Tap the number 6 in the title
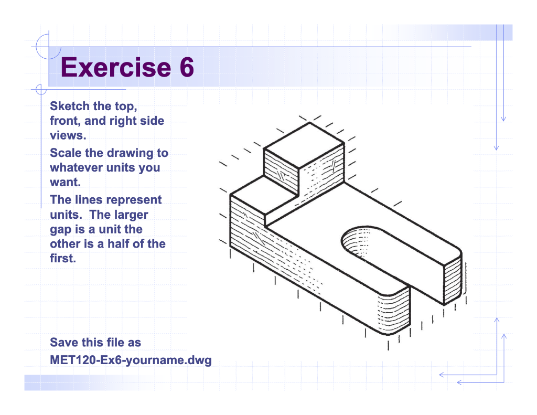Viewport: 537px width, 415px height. (184, 68)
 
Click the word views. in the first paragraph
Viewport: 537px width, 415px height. (68, 136)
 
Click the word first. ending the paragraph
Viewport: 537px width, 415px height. (62, 259)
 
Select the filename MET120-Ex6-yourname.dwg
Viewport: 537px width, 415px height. (131, 360)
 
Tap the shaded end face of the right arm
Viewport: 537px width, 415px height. (453, 278)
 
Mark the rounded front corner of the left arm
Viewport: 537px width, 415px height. (391, 315)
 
